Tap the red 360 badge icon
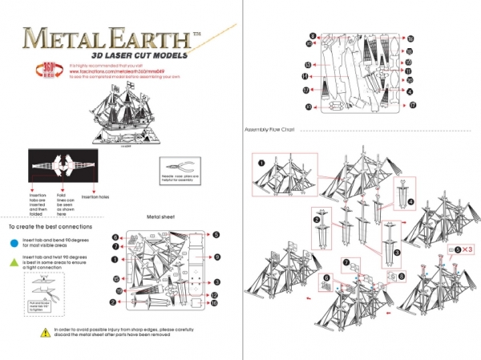point(46,70)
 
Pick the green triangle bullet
point(12,262)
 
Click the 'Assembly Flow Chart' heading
point(272,130)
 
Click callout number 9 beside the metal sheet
point(217,257)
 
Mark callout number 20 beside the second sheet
point(409,80)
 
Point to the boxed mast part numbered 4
point(401,196)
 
